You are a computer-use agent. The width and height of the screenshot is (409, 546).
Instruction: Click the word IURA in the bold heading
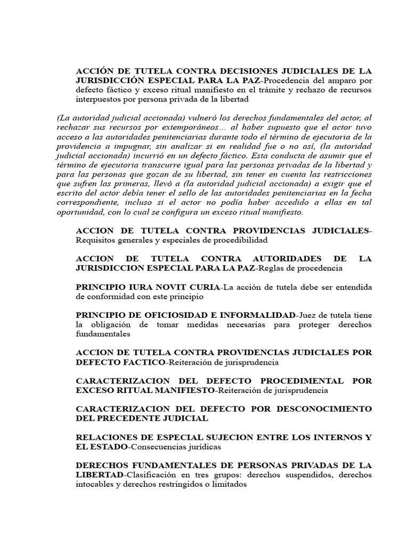coord(136,286)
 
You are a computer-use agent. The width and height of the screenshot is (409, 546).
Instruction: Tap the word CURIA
coord(201,286)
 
